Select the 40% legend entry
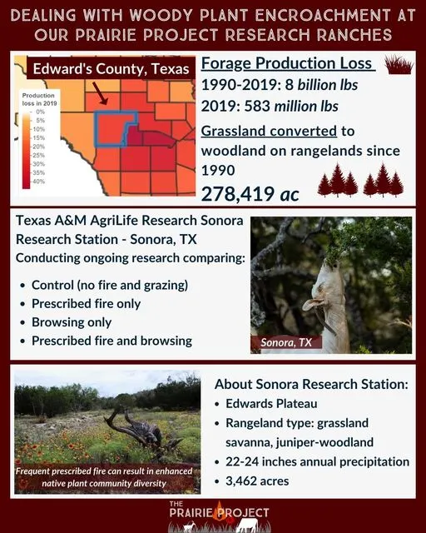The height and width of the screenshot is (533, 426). (38, 181)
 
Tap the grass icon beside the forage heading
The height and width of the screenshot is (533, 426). (400, 65)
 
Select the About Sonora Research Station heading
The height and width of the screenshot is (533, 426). (311, 385)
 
